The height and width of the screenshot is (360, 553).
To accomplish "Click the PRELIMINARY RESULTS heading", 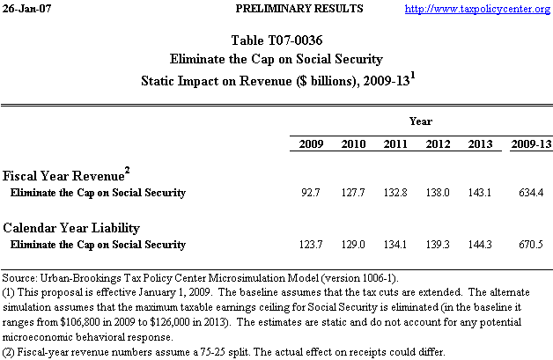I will (x=288, y=9).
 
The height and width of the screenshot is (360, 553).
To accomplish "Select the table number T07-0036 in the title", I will (x=296, y=41).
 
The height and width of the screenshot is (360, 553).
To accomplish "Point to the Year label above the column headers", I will (x=420, y=121).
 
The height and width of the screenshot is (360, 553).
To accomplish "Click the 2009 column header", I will (x=311, y=143).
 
